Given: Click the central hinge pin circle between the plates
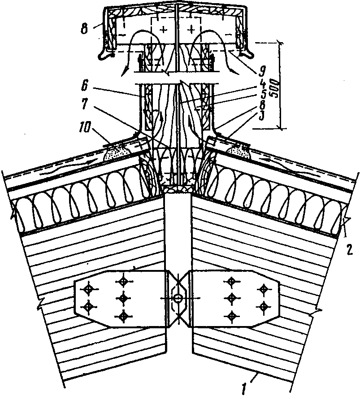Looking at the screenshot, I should (178, 297).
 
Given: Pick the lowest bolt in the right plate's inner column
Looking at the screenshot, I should (232, 315).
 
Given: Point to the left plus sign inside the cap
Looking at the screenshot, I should (161, 30).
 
